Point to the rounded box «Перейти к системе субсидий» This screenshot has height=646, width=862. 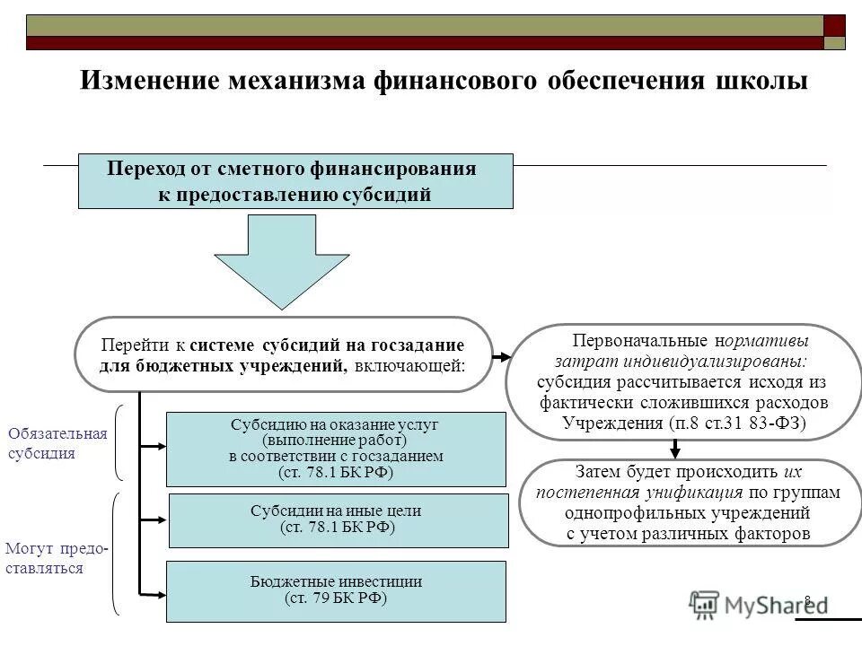click(x=283, y=354)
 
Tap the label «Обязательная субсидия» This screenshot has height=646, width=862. click(x=57, y=443)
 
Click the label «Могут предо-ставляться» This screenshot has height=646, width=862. click(x=56, y=558)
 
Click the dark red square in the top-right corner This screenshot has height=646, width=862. click(x=834, y=25)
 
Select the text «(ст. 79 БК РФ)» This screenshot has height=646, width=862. click(x=336, y=599)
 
